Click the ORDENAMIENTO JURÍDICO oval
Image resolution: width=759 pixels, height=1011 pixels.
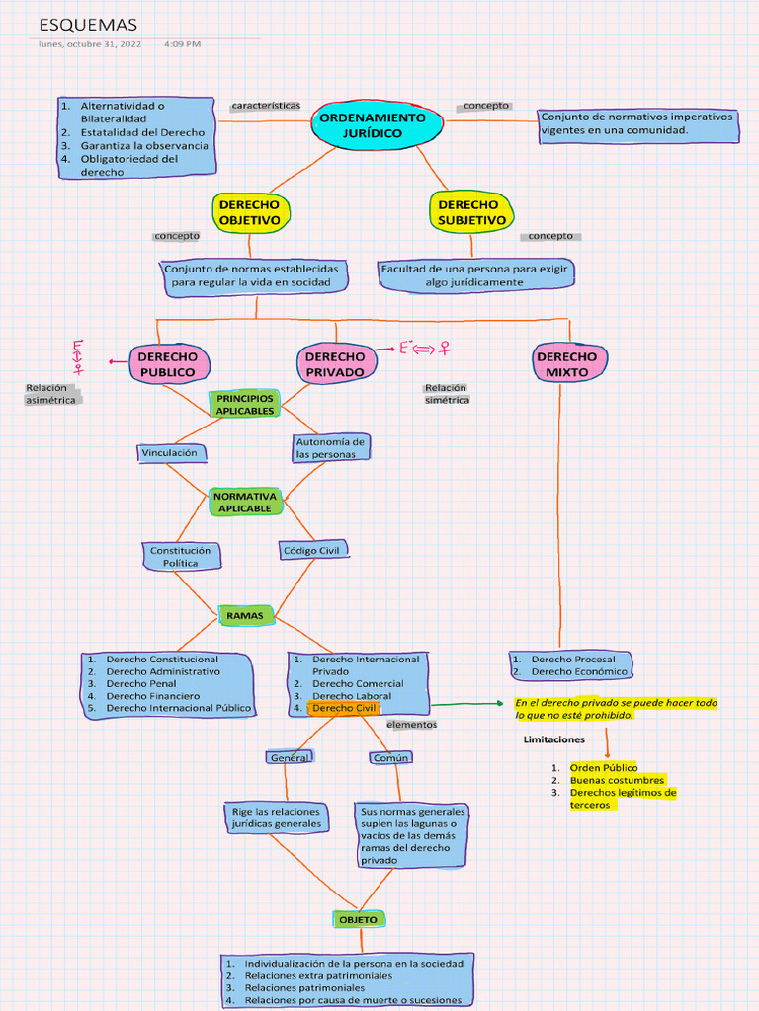pyautogui.click(x=379, y=125)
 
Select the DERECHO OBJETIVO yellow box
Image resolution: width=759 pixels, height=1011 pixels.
pyautogui.click(x=250, y=212)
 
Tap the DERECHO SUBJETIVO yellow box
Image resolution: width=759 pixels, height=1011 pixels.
pyautogui.click(x=472, y=212)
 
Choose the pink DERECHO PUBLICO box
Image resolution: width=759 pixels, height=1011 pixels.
pyautogui.click(x=167, y=364)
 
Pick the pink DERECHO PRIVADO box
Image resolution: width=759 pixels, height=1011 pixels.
pyautogui.click(x=335, y=364)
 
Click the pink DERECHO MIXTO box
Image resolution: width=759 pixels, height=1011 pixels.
pyautogui.click(x=567, y=364)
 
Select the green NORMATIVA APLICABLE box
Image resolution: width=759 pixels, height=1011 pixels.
pyautogui.click(x=245, y=502)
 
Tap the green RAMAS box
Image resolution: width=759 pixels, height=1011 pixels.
pyautogui.click(x=245, y=616)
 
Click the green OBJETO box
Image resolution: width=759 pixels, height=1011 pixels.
pyautogui.click(x=358, y=919)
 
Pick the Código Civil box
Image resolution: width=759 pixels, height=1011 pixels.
pyautogui.click(x=313, y=550)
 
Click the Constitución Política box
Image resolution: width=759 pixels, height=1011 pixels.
pyautogui.click(x=180, y=557)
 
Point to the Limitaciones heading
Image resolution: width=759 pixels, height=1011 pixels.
pyautogui.click(x=553, y=739)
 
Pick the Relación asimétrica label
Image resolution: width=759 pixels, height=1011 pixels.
pyautogui.click(x=52, y=394)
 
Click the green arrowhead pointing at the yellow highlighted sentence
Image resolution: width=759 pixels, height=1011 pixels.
pyautogui.click(x=498, y=704)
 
